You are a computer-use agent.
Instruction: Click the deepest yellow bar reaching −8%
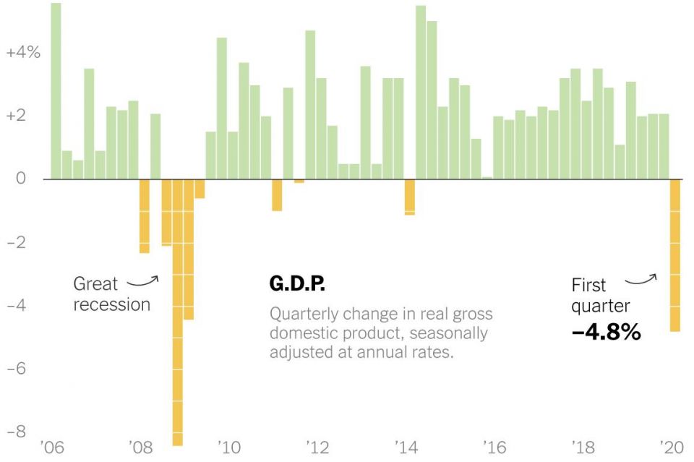click(177, 311)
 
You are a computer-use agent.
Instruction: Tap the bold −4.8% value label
click(606, 332)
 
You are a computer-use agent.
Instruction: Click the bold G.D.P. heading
click(297, 284)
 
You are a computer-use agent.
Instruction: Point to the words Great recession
click(111, 294)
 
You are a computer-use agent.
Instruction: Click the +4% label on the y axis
click(23, 53)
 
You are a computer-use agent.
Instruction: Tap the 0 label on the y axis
click(22, 179)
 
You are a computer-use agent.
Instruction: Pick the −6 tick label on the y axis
click(18, 368)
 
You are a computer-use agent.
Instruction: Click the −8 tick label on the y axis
click(18, 431)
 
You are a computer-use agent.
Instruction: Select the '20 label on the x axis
click(672, 447)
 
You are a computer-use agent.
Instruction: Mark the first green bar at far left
click(56, 91)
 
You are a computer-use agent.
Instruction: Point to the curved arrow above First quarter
click(641, 278)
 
